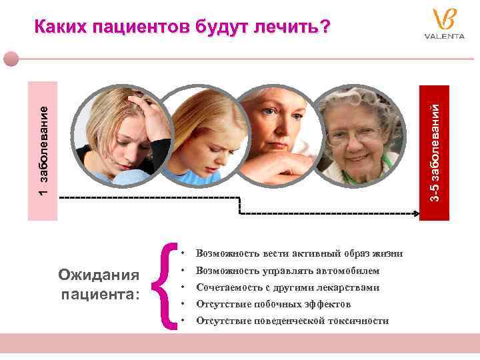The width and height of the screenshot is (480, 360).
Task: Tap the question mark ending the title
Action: [x=325, y=27]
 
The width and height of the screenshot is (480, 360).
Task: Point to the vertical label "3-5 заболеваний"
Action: [x=435, y=151]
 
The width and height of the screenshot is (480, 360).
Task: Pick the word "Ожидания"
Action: [x=99, y=275]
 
